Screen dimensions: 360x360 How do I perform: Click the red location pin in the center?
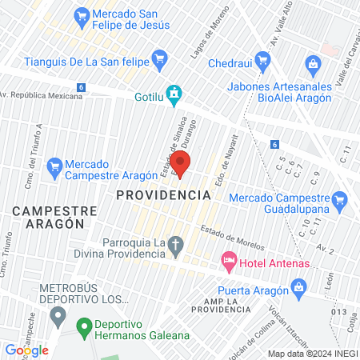coord(181,164)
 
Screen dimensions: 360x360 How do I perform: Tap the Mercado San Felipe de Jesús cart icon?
coord(81,14)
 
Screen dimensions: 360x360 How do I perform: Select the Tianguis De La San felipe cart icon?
coord(159,57)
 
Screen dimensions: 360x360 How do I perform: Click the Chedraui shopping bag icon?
coord(313,63)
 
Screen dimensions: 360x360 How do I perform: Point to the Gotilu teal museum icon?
coord(173,94)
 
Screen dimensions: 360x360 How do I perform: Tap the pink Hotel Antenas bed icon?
coord(229,260)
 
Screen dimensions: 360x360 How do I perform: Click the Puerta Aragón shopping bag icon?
coord(298,286)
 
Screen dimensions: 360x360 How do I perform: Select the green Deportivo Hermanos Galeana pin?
coord(82,326)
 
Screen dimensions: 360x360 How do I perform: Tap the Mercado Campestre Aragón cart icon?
coord(54,167)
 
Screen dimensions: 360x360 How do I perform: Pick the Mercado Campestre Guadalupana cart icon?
coord(341,198)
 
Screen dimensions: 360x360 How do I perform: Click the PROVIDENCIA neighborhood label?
coord(163,194)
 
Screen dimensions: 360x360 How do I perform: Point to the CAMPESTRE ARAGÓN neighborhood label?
coord(54,218)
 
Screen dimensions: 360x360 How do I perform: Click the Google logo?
coord(27,350)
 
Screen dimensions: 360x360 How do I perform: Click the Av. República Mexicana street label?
coord(42,95)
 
